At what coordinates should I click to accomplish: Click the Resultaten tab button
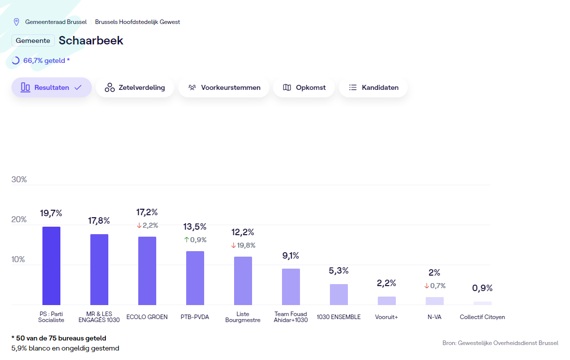coord(51,87)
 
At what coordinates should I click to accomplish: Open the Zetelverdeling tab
coord(135,87)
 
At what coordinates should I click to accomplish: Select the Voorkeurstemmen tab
coord(224,87)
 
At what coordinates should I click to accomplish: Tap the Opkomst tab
coord(304,87)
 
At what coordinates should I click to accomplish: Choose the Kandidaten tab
coord(373,87)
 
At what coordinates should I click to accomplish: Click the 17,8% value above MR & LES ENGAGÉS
coord(99,221)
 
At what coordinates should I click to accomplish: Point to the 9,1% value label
coord(290,256)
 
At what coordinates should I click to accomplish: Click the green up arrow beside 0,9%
coord(187,240)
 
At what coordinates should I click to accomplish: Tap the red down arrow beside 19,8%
coord(234,245)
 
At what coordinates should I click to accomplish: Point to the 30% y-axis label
coord(19,180)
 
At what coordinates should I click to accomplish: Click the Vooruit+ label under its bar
coord(386,317)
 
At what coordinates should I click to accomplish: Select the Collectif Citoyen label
coord(482,317)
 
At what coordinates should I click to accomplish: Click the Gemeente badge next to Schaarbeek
coord(33,40)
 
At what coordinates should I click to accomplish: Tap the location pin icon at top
coord(16,22)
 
